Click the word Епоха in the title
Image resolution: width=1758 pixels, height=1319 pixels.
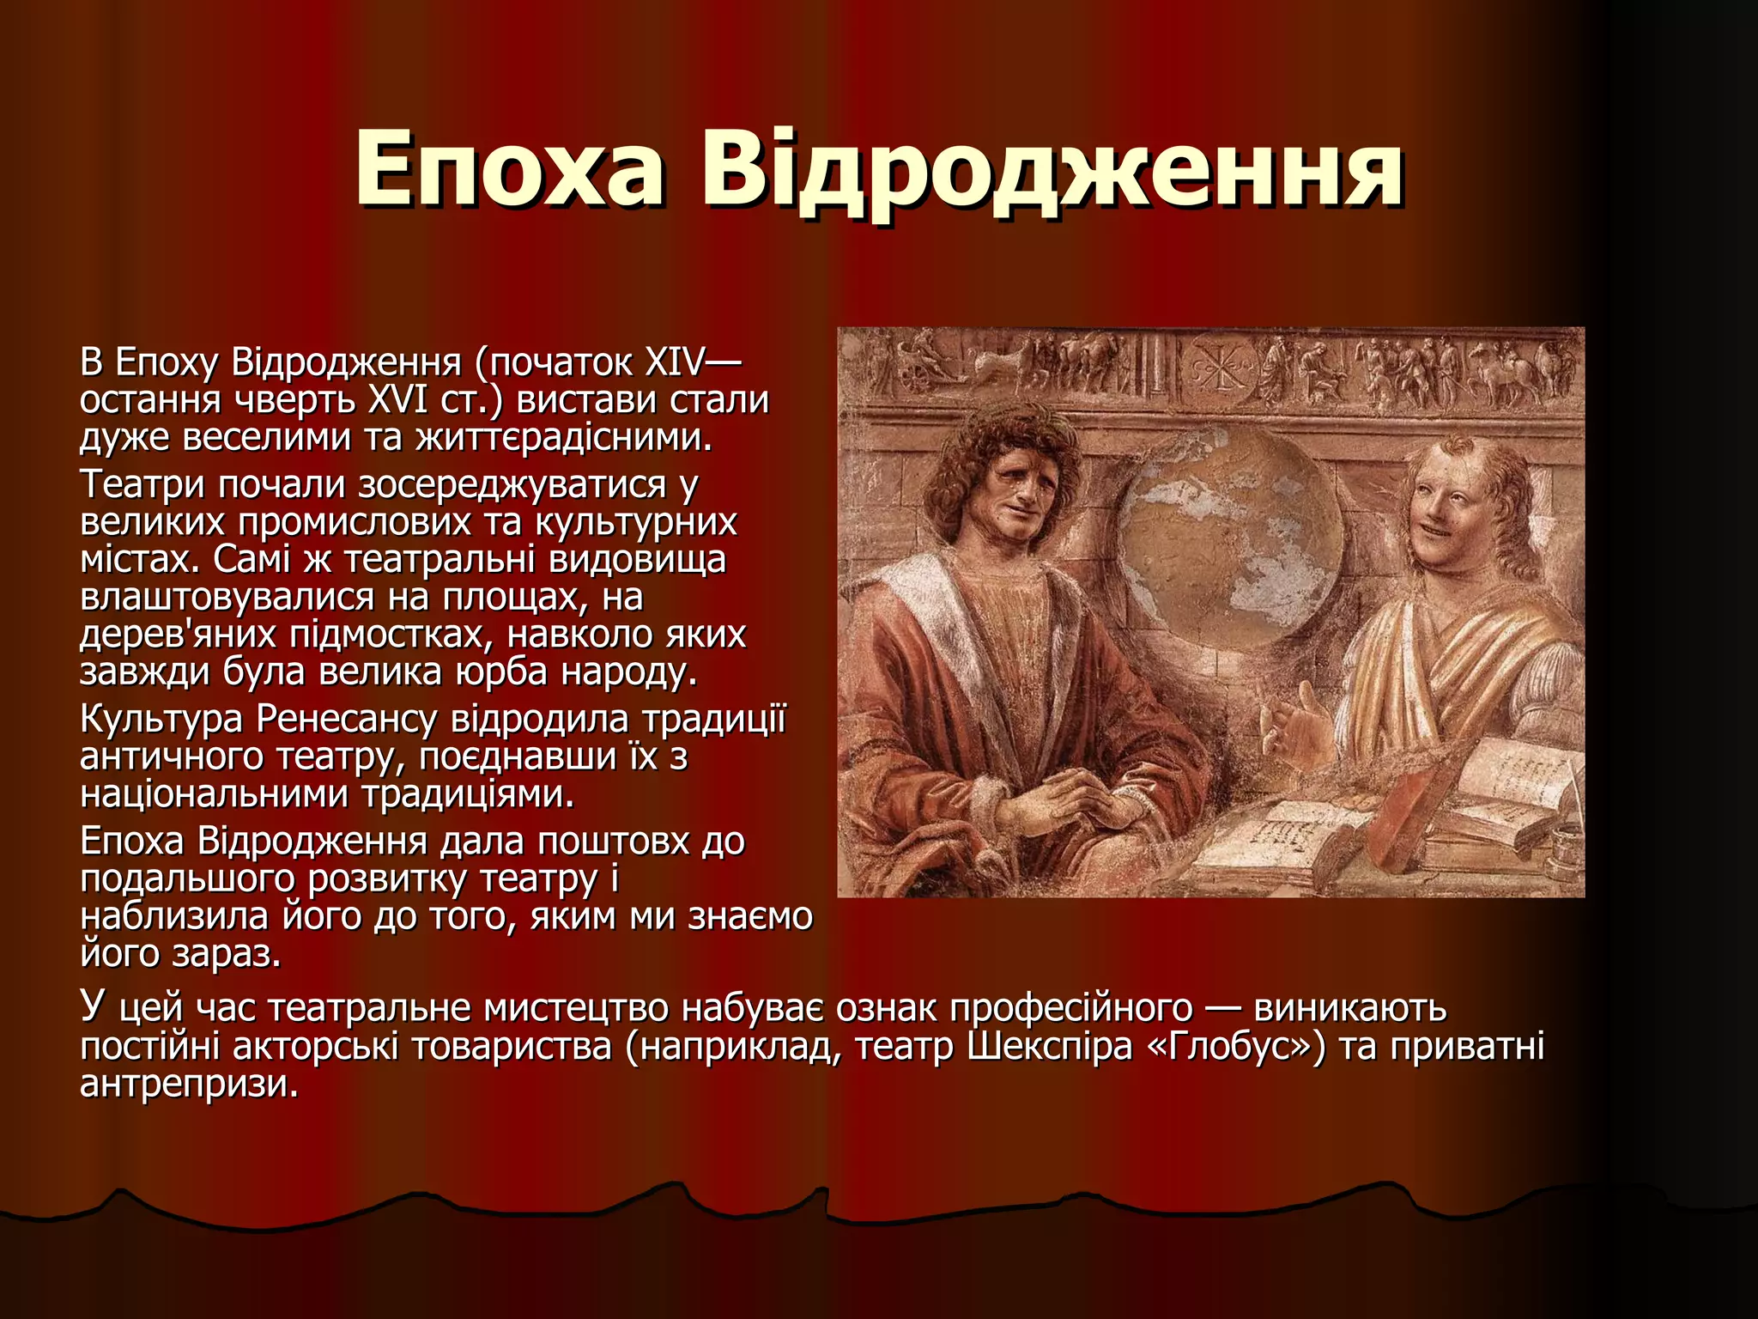click(x=509, y=169)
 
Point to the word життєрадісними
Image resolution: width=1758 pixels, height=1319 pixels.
click(x=564, y=438)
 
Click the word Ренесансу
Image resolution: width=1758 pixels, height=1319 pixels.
click(x=347, y=719)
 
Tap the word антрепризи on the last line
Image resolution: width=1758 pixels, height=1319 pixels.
click(x=189, y=1084)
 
